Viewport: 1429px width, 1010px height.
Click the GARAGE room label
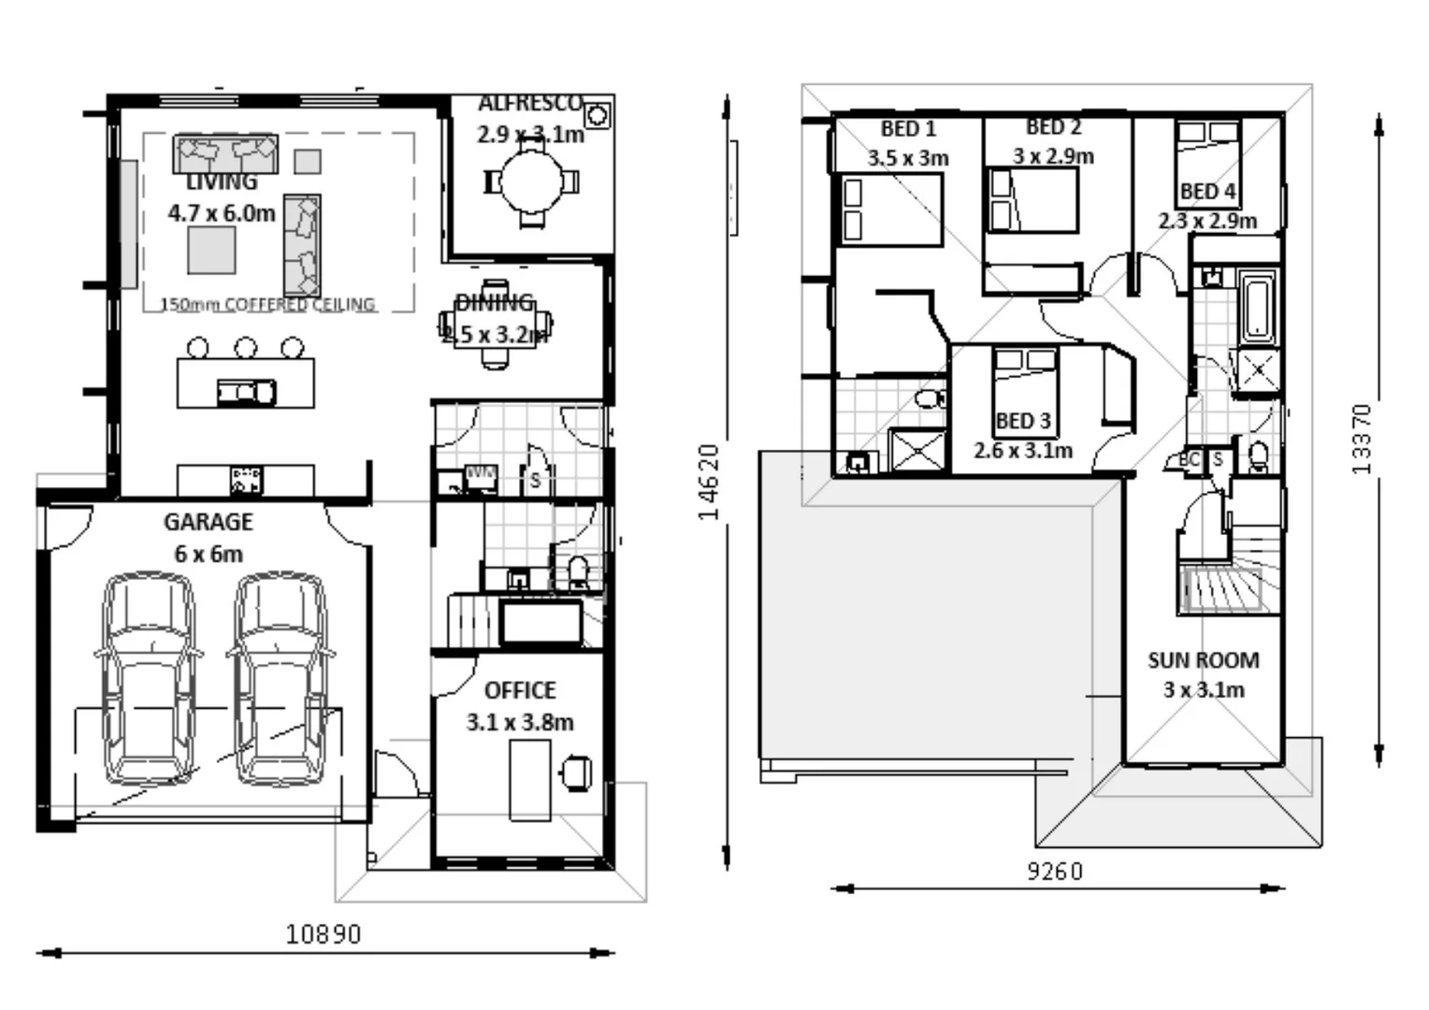(x=208, y=522)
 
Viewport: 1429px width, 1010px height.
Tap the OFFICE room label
(x=520, y=690)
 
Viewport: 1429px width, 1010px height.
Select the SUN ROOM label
(x=1204, y=660)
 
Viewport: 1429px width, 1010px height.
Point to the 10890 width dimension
(x=324, y=933)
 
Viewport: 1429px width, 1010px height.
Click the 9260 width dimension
(x=1055, y=872)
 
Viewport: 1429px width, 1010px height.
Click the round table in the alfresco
(x=531, y=181)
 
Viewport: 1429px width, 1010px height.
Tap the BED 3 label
(x=1023, y=421)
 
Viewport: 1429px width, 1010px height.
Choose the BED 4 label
(x=1207, y=192)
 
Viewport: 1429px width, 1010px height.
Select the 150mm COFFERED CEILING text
(x=267, y=305)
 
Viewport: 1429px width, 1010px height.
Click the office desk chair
(x=576, y=772)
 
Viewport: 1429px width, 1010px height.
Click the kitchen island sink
(x=246, y=392)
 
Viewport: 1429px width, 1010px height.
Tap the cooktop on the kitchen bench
(x=246, y=480)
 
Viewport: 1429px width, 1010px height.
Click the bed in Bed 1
(x=890, y=209)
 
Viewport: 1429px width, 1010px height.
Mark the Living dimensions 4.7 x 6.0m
(x=222, y=213)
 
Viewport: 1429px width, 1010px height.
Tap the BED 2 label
(x=1053, y=127)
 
